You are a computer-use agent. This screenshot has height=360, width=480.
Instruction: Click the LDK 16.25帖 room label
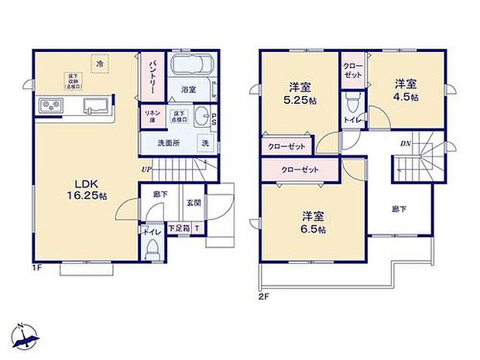pyautogui.click(x=91, y=189)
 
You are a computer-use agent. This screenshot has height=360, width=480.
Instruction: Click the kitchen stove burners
pyautogui.click(x=50, y=105)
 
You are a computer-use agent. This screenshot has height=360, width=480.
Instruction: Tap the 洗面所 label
pyautogui.click(x=169, y=144)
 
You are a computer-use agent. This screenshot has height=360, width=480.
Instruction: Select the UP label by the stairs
pyautogui.click(x=146, y=170)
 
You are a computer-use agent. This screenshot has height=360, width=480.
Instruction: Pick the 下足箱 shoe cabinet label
pyautogui.click(x=180, y=228)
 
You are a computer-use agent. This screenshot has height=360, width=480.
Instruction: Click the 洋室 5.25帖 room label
pyautogui.click(x=300, y=93)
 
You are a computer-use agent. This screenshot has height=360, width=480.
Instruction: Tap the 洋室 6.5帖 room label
pyautogui.click(x=310, y=223)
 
